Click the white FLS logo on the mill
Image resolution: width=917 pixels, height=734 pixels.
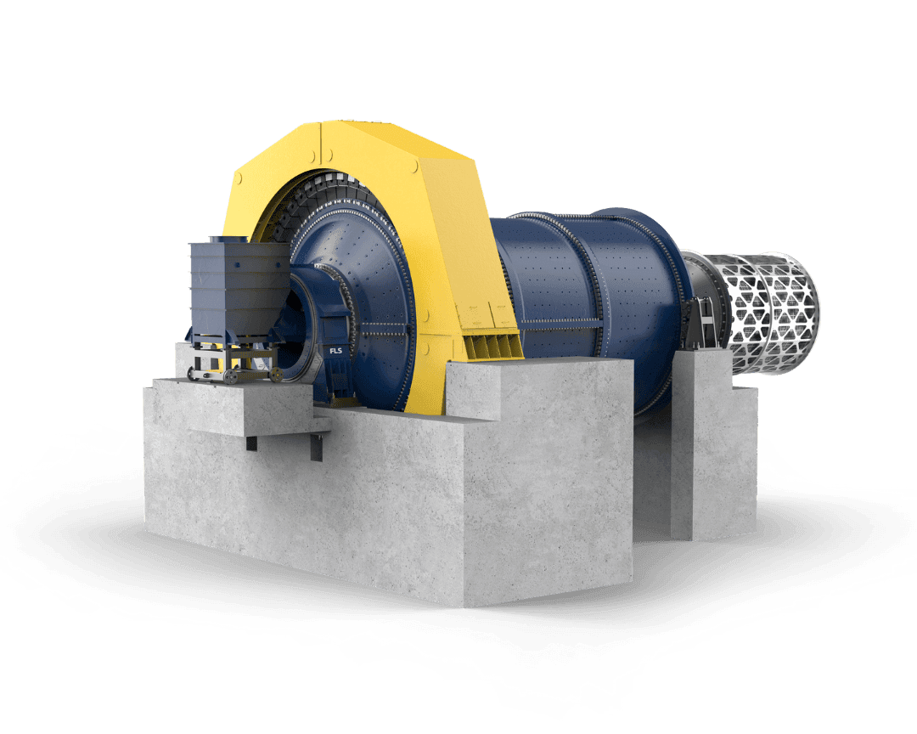335,351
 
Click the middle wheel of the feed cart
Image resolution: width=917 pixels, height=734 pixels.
231,376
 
